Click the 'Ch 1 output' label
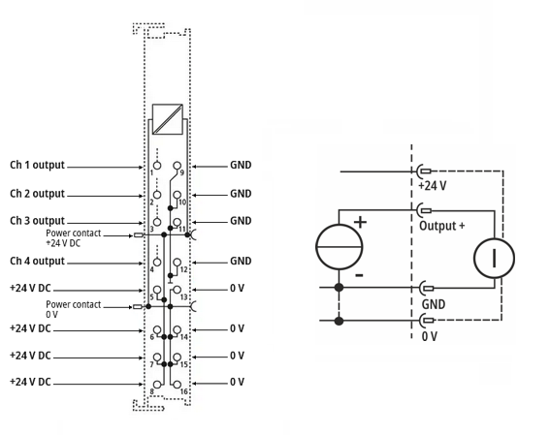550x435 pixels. pyautogui.click(x=37, y=165)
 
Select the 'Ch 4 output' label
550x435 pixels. pyautogui.click(x=37, y=261)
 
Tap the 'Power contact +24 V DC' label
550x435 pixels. pyautogui.click(x=74, y=237)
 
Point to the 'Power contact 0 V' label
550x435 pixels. pyautogui.click(x=74, y=309)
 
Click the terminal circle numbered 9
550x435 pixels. pyautogui.click(x=178, y=166)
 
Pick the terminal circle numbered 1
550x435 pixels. pyautogui.click(x=157, y=166)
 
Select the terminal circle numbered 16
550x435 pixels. pyautogui.click(x=178, y=385)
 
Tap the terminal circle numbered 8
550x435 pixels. pyautogui.click(x=157, y=385)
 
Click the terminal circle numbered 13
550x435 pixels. pyautogui.click(x=178, y=290)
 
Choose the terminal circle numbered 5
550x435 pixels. pyautogui.click(x=157, y=290)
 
